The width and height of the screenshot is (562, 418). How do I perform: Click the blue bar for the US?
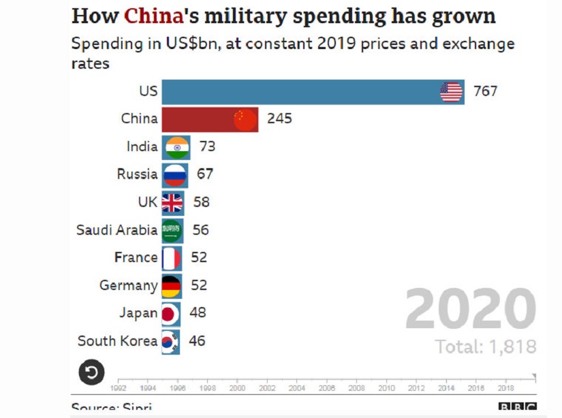point(300,91)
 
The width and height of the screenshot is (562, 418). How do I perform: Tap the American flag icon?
point(451,91)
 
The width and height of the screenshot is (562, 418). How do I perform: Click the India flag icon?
point(177,147)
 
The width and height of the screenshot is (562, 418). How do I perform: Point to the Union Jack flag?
point(172,202)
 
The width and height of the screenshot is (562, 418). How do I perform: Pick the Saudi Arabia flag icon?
point(172,230)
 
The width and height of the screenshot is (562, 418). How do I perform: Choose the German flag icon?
point(170,286)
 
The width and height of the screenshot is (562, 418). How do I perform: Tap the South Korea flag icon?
point(170,341)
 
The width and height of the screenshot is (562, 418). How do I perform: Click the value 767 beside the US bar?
point(486,91)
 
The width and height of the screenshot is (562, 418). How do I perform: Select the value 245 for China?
point(279,119)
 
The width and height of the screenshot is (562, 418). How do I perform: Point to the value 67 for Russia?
point(205,174)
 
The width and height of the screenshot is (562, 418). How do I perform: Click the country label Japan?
point(138,313)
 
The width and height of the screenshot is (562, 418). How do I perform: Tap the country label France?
point(136,258)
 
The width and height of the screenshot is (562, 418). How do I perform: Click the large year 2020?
point(471,310)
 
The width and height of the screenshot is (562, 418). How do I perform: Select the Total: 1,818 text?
point(486,347)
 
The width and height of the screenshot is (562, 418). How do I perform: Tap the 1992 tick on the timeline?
point(119,388)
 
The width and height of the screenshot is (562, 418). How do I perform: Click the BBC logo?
point(517,408)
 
